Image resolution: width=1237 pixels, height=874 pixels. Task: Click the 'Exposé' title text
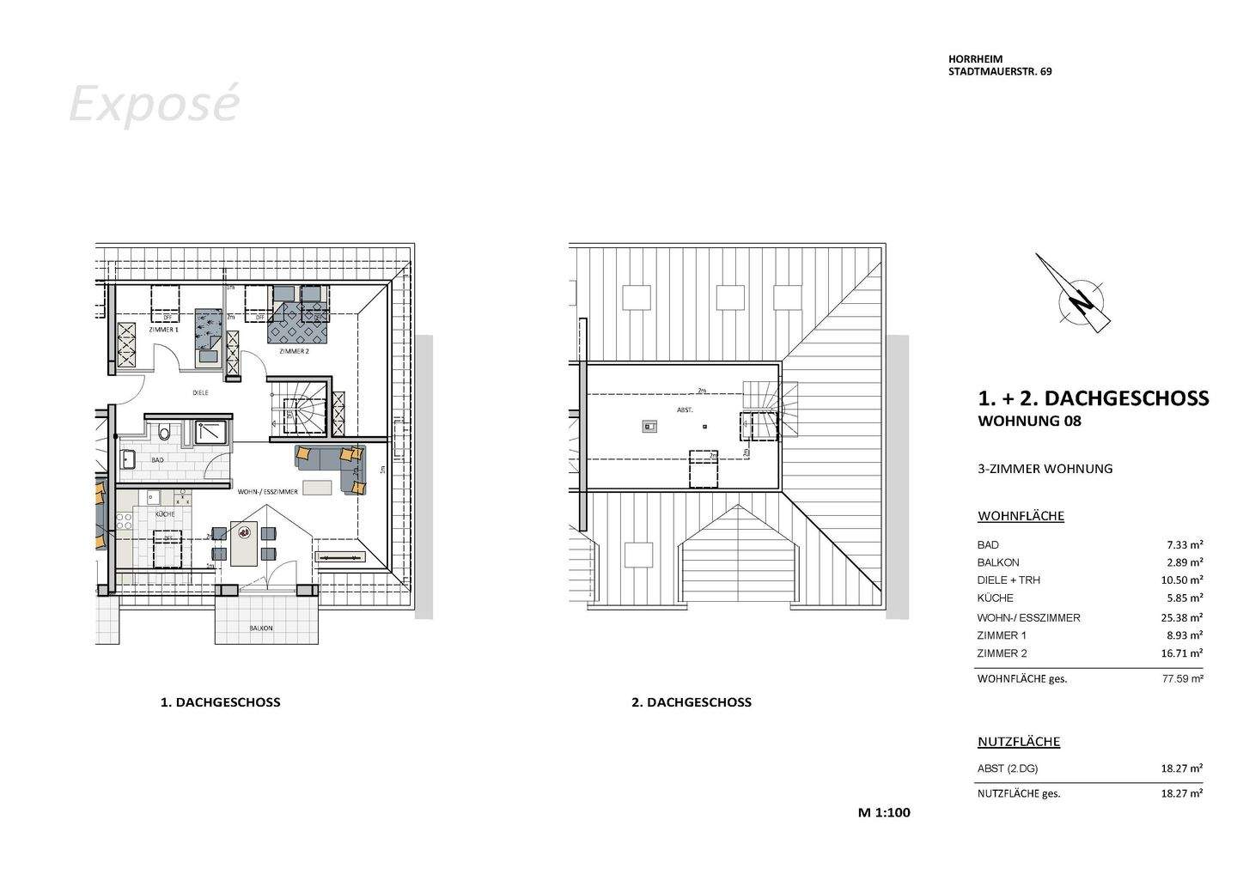(154, 105)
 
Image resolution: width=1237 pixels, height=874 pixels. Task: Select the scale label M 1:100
(884, 812)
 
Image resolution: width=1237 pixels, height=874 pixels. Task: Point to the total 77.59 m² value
(1182, 678)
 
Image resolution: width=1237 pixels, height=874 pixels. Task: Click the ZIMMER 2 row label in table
(1002, 653)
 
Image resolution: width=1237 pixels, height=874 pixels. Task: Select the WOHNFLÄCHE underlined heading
(1021, 516)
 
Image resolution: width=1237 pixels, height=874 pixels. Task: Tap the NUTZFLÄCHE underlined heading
(1019, 742)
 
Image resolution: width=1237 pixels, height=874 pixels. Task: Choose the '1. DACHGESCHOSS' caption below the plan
(221, 702)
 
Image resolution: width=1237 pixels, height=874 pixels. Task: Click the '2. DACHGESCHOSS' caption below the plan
(692, 702)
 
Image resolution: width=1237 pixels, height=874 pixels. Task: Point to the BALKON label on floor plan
(261, 628)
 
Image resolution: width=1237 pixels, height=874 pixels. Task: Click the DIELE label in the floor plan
(200, 393)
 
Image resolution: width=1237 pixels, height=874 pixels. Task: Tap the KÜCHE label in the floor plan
(165, 513)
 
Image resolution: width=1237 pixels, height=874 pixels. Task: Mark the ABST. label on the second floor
(685, 410)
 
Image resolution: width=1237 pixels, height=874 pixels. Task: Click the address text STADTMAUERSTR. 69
(1000, 72)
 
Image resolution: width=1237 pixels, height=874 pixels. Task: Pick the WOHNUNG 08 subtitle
(1029, 422)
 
